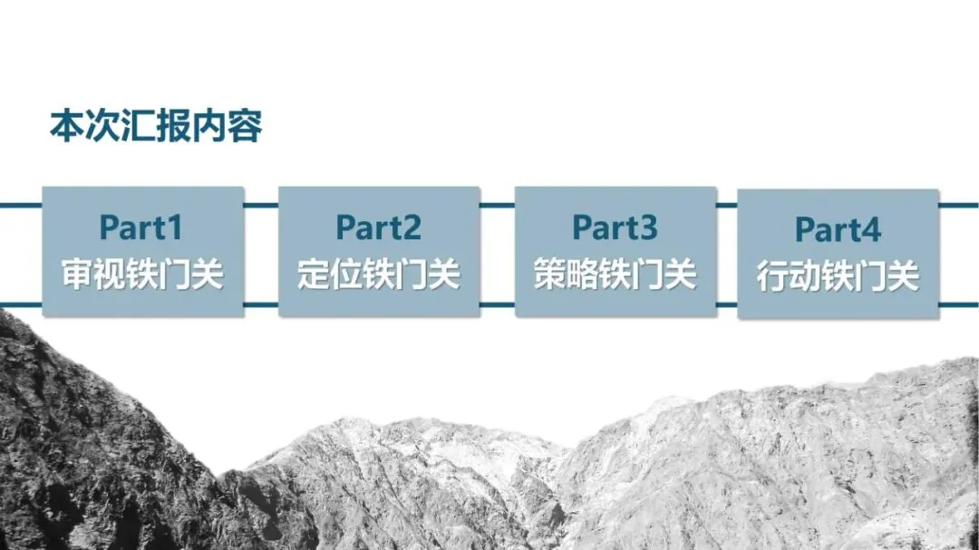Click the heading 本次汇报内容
point(156,127)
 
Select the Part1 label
point(141,227)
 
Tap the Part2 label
point(378,227)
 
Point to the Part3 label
point(615,227)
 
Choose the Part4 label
point(838,230)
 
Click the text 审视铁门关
point(142,274)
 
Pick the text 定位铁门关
point(379,274)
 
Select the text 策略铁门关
point(616,274)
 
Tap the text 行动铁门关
point(838,276)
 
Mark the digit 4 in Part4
point(870,230)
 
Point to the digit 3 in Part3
point(647,227)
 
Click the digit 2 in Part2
point(411,227)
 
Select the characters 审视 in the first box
point(94,274)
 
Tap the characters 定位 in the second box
point(330,274)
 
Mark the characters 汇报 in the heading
point(156,127)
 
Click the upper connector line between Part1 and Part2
point(261,205)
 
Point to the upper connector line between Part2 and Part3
point(497,205)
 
